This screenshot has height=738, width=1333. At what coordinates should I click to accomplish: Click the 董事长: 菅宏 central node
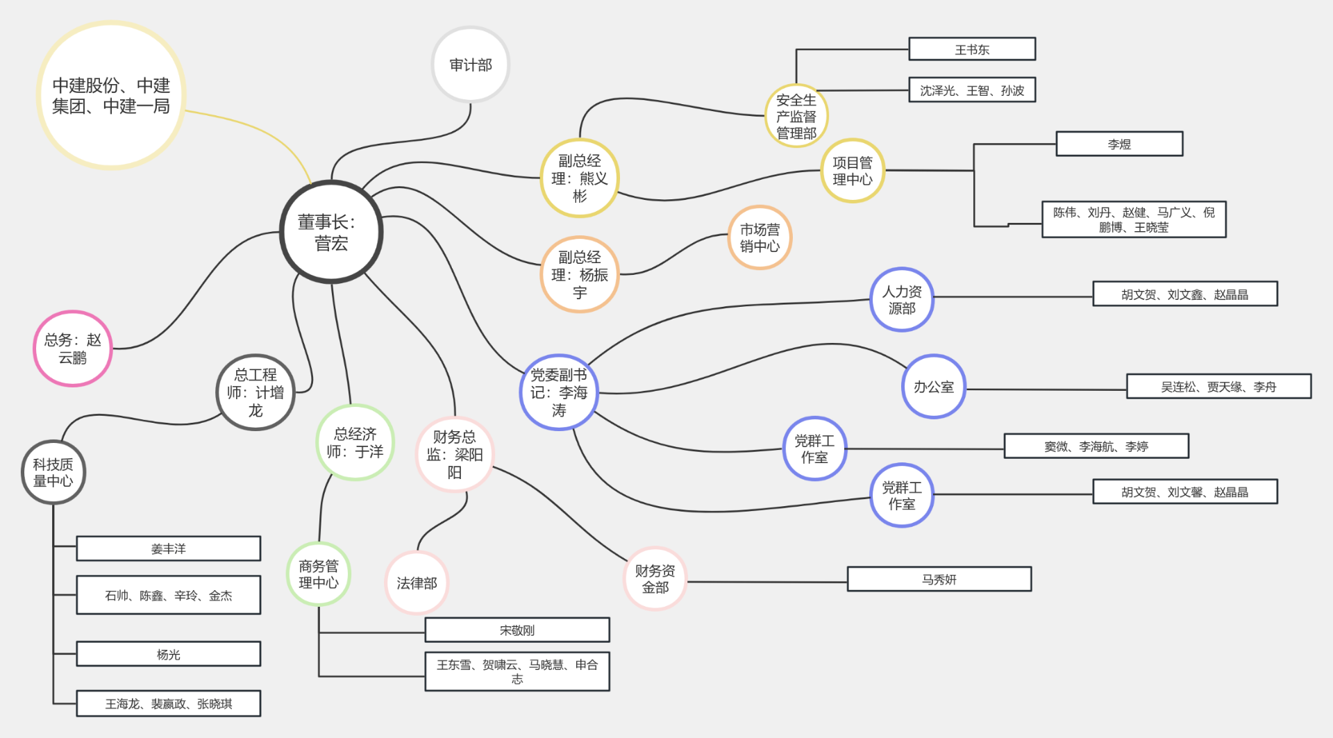[x=331, y=232]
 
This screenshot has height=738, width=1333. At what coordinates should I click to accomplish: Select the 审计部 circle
[x=471, y=65]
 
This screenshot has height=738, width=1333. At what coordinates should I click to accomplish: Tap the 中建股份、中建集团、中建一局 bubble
[x=111, y=95]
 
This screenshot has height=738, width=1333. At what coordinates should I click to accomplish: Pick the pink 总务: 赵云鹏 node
[x=73, y=349]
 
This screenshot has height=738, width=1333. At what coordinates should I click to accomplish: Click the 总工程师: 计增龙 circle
[x=255, y=392]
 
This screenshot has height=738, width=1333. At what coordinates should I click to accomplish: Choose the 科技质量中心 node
[x=53, y=472]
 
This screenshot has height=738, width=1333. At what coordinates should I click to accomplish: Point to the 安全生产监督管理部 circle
[x=796, y=116]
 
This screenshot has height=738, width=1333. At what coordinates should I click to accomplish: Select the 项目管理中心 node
[x=853, y=171]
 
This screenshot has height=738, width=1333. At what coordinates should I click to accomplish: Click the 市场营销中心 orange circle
[x=760, y=237]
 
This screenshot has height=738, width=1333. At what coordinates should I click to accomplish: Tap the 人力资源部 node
[x=902, y=300]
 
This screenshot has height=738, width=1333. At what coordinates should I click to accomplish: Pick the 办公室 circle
[x=934, y=387]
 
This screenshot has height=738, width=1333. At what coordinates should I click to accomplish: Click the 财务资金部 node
[x=655, y=578]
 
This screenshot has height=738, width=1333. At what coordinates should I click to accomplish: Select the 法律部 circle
[x=417, y=583]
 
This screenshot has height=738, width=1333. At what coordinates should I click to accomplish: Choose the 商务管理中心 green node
[x=319, y=574]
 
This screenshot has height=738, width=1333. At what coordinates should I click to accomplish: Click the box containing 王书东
[x=972, y=49]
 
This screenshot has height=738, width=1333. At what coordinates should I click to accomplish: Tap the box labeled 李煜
[x=1119, y=144]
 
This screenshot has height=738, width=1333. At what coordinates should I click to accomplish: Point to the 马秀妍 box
[x=939, y=579]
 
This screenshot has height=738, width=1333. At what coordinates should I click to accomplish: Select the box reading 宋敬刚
[x=517, y=630]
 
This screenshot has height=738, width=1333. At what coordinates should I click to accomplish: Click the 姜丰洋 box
[x=169, y=548]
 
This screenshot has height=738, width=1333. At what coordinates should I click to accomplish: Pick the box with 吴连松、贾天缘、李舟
[x=1218, y=387]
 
